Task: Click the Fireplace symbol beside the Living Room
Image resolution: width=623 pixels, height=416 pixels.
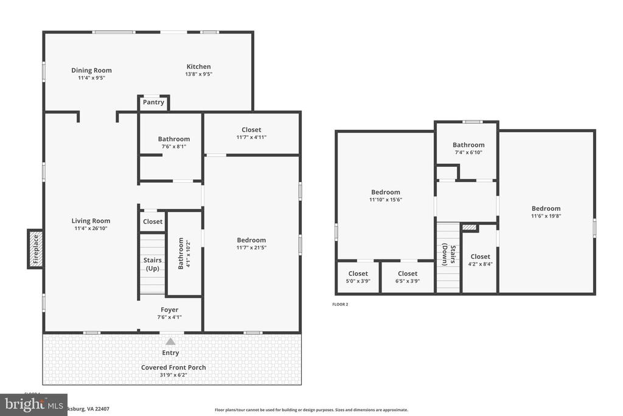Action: (x=35, y=249)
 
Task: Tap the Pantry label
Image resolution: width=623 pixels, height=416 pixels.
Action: (x=153, y=102)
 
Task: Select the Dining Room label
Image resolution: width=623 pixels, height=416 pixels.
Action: (x=91, y=70)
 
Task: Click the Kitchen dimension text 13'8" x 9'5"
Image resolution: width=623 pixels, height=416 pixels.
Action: (x=198, y=74)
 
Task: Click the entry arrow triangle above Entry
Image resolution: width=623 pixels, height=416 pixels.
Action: (x=171, y=342)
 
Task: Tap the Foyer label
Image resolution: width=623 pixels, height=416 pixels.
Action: (x=170, y=309)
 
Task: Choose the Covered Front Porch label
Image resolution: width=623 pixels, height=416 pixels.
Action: (x=173, y=367)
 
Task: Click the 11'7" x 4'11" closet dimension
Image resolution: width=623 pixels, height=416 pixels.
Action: (x=251, y=137)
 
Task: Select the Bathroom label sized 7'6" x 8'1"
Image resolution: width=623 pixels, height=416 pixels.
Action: (x=174, y=139)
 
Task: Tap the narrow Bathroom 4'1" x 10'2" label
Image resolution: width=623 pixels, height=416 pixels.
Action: (x=181, y=253)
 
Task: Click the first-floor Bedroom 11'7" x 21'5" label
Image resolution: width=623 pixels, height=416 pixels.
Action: (x=251, y=240)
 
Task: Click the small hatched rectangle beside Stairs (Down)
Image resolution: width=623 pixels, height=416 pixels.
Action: (x=469, y=228)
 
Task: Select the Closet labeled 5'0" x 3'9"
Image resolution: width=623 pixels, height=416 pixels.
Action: (x=358, y=273)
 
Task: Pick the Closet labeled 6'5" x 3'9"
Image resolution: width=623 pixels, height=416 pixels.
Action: (x=407, y=273)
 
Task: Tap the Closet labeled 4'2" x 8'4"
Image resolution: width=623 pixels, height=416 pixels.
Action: (x=480, y=256)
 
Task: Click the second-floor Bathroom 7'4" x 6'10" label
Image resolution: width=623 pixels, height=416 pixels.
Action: (x=468, y=145)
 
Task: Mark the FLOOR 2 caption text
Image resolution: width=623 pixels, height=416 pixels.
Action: (x=340, y=304)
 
